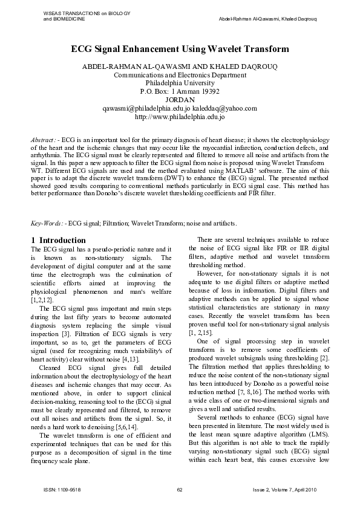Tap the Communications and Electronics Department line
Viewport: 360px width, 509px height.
(180, 75)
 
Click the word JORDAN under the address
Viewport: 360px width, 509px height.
(180, 100)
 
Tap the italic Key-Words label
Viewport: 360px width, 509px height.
(46, 224)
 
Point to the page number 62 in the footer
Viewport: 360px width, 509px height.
(180, 489)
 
